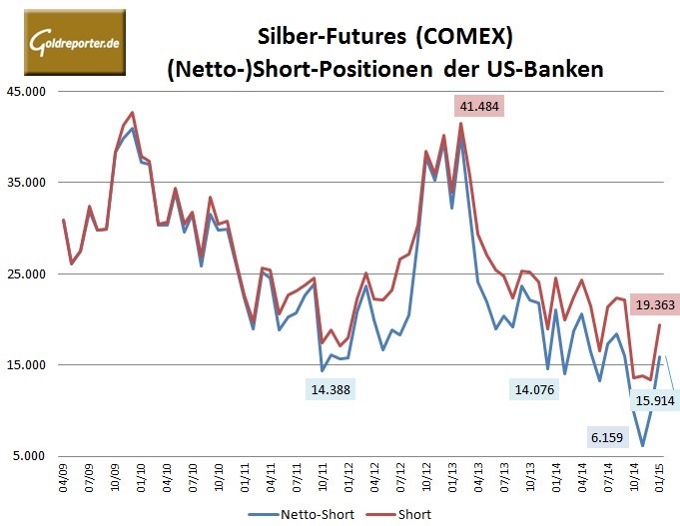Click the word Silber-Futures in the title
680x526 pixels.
pyautogui.click(x=316, y=38)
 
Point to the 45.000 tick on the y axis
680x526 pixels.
pyautogui.click(x=27, y=92)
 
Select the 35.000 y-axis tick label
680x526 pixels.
pyautogui.click(x=27, y=183)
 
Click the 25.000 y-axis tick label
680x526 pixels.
pyautogui.click(x=27, y=274)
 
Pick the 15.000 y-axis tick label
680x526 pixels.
pyautogui.click(x=27, y=365)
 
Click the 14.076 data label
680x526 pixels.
pyautogui.click(x=538, y=390)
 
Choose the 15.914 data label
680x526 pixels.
pyautogui.click(x=653, y=400)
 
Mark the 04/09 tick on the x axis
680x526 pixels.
pyautogui.click(x=64, y=476)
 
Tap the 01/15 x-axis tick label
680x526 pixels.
pyautogui.click(x=658, y=476)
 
